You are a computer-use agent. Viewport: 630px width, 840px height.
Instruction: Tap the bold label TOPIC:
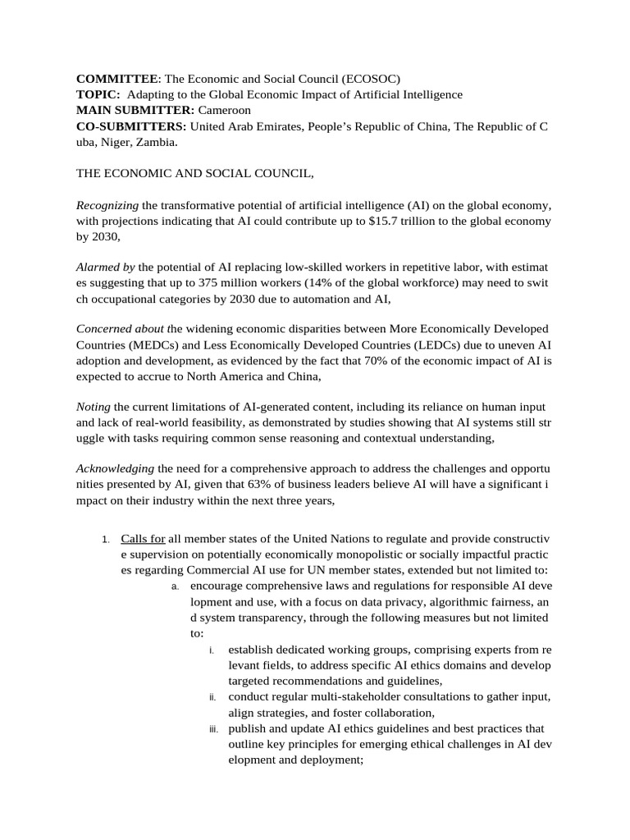pos(99,94)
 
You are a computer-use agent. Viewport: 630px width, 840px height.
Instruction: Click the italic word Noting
pos(93,407)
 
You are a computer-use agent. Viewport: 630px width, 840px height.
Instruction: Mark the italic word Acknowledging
pos(115,468)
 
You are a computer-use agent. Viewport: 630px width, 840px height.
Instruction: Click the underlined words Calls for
pos(143,539)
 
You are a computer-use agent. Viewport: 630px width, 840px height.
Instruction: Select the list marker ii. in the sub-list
pos(212,697)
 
